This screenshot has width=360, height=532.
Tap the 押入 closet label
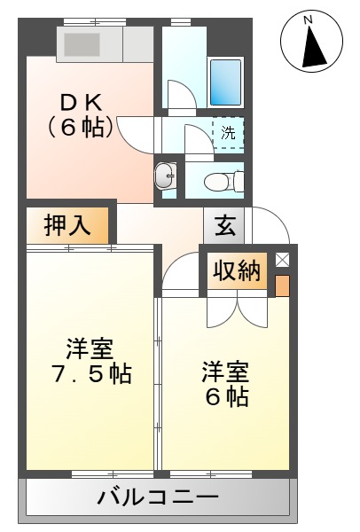[x=67, y=225]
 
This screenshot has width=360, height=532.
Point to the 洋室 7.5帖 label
[x=89, y=360]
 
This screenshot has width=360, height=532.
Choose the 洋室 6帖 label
[x=225, y=382]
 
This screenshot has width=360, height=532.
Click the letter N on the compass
[x=308, y=19]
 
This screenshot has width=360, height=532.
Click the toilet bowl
[x=217, y=182]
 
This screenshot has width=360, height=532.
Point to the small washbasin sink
[x=165, y=176]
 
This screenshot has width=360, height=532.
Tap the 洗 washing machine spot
[x=228, y=134]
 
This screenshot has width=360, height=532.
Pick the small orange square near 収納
[x=282, y=286]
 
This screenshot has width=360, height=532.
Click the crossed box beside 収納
[x=282, y=260]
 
